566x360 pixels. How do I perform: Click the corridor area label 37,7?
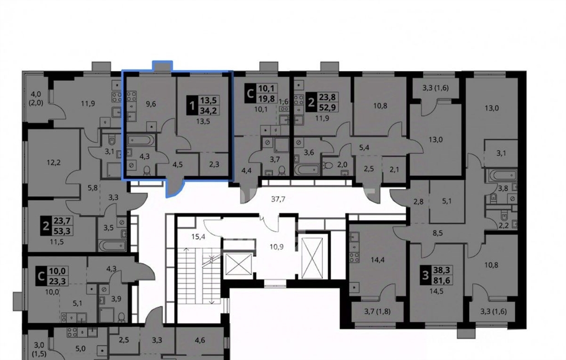click(x=278, y=199)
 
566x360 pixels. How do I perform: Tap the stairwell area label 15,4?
click(x=198, y=237)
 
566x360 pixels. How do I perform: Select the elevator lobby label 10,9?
click(x=276, y=247)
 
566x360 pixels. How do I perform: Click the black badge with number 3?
click(x=426, y=275)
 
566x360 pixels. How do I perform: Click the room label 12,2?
click(x=54, y=163)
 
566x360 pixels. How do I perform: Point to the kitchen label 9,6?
click(x=151, y=104)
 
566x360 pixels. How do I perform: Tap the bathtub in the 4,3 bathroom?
click(x=141, y=140)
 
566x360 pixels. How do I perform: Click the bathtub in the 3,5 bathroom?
click(x=113, y=246)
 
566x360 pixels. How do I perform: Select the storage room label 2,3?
click(x=214, y=164)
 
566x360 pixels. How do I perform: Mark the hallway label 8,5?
click(x=438, y=233)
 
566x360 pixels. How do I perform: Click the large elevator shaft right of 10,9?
click(x=313, y=258)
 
